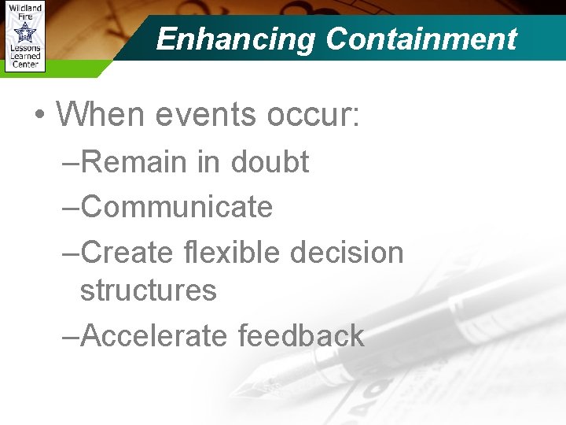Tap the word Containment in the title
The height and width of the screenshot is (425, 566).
[421, 39]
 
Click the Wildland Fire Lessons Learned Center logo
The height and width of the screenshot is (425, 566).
[24, 36]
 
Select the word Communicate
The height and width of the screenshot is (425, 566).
[176, 207]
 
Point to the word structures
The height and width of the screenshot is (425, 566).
[148, 290]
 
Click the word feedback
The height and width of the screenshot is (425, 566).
[300, 335]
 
